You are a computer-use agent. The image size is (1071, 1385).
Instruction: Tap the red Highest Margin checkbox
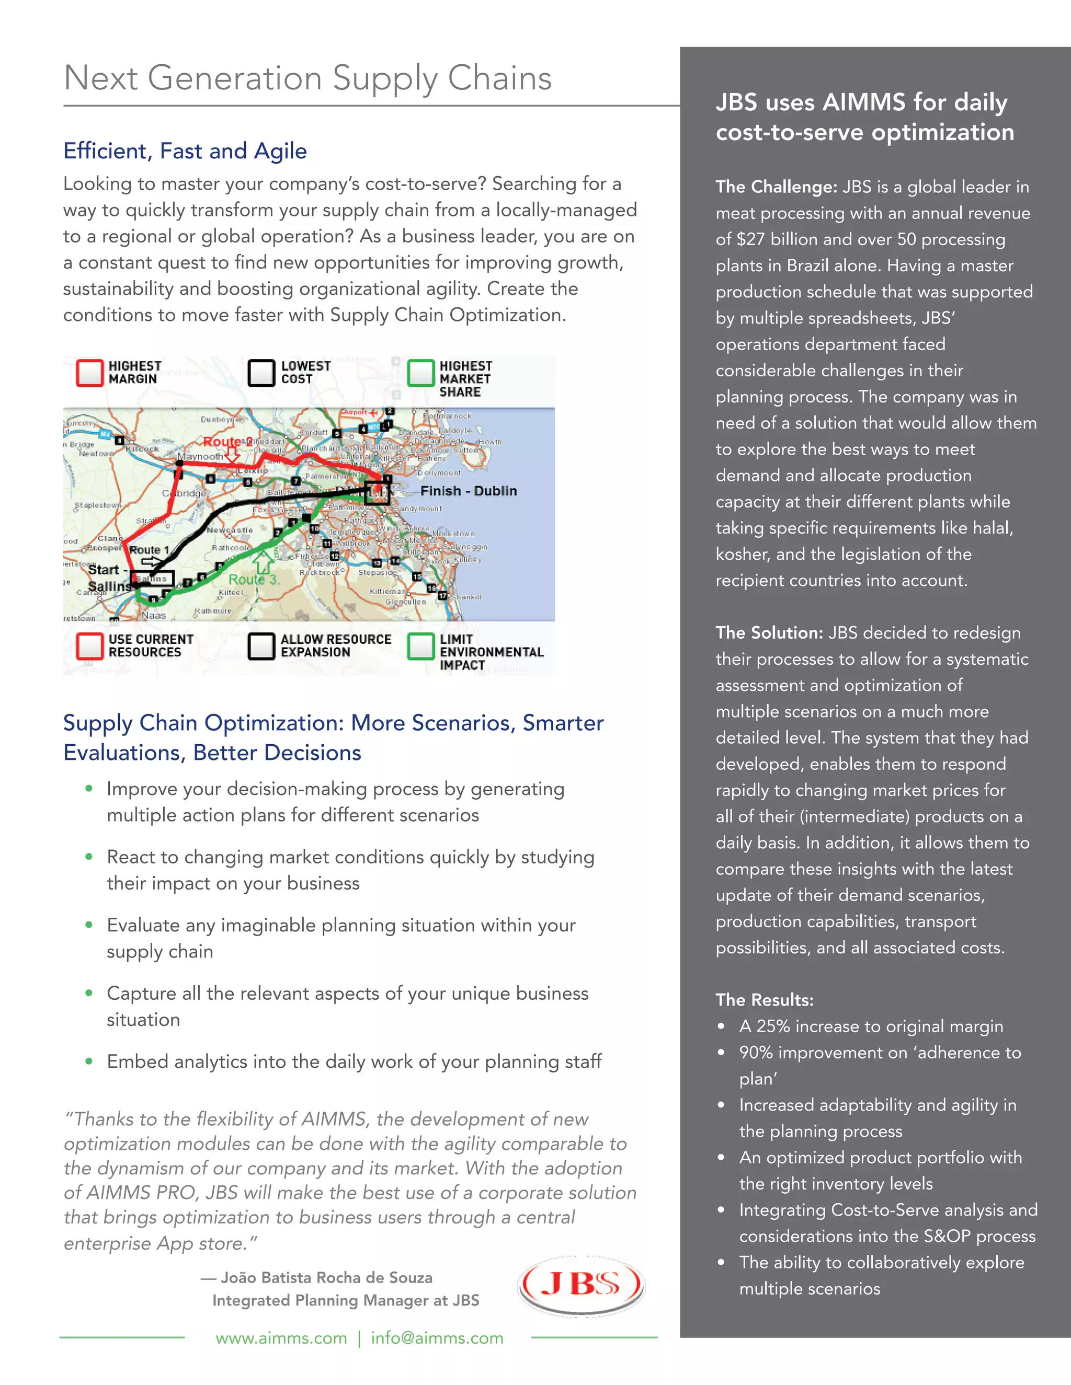click(89, 373)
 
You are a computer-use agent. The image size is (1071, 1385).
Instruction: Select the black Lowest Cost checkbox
click(261, 373)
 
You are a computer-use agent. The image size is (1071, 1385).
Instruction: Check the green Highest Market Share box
click(420, 373)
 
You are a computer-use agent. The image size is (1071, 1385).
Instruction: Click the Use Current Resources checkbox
click(89, 646)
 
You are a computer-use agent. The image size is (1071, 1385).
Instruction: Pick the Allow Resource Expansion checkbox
click(261, 646)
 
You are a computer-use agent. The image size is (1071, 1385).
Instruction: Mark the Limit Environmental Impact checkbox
click(420, 646)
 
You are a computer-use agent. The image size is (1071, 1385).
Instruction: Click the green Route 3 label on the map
click(253, 580)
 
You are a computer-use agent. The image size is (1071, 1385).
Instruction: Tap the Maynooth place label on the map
click(200, 457)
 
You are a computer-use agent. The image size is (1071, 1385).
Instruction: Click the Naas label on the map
click(154, 615)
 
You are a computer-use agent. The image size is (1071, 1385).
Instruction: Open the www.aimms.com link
click(281, 1338)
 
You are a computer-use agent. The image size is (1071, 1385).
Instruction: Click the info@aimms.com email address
click(437, 1338)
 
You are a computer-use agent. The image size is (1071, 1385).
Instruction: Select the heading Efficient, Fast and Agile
click(185, 151)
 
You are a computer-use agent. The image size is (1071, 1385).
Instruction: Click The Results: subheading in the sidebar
click(765, 1000)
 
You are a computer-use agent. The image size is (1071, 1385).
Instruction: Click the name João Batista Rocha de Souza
click(326, 1278)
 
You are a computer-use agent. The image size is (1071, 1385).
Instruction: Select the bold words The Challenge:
click(776, 187)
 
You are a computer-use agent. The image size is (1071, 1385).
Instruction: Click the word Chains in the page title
click(499, 78)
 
